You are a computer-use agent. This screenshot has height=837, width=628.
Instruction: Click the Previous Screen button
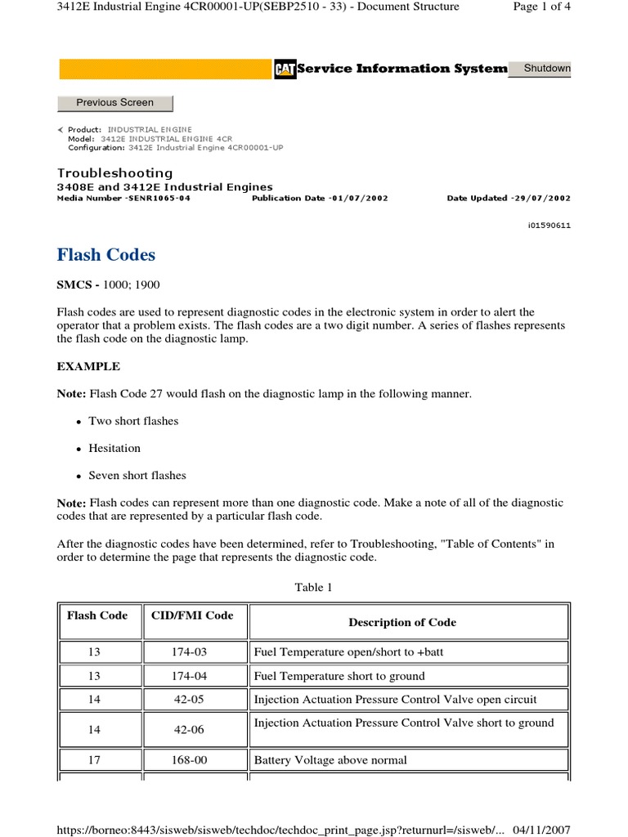pyautogui.click(x=114, y=103)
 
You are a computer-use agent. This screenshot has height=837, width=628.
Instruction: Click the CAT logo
pyautogui.click(x=284, y=69)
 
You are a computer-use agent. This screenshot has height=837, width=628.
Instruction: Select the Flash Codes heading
pyautogui.click(x=105, y=255)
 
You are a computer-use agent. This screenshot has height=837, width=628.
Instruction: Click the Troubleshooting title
pyautogui.click(x=114, y=173)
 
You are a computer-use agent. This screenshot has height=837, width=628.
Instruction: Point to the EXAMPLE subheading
pyautogui.click(x=88, y=366)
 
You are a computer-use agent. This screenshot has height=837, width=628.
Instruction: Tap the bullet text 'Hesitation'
pyautogui.click(x=114, y=448)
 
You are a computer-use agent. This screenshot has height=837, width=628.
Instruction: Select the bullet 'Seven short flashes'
pyautogui.click(x=137, y=475)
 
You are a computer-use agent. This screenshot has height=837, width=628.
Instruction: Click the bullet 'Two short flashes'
pyautogui.click(x=133, y=421)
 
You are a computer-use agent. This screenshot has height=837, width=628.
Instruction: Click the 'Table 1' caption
pyautogui.click(x=314, y=587)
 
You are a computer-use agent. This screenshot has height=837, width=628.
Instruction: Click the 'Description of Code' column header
pyautogui.click(x=402, y=622)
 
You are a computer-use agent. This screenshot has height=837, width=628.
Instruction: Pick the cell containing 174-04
pyautogui.click(x=195, y=676)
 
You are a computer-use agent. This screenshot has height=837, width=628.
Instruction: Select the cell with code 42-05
pyautogui.click(x=195, y=700)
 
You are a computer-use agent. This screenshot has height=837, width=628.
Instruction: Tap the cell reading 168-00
pyautogui.click(x=195, y=760)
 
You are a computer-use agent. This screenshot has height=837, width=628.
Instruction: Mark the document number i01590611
pyautogui.click(x=549, y=226)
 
